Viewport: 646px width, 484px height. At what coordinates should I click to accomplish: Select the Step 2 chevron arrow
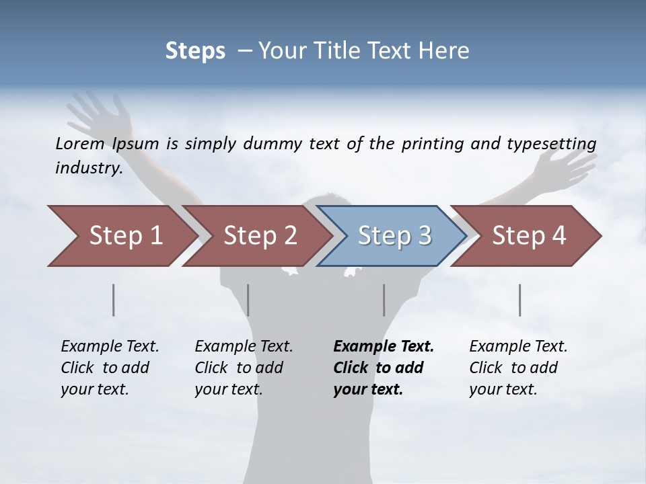259,236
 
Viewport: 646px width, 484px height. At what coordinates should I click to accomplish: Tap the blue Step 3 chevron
394,236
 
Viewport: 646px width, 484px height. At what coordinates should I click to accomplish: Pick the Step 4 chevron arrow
528,236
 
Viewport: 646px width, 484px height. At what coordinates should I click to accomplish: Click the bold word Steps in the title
195,51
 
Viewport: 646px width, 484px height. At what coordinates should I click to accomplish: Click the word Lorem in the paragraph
80,143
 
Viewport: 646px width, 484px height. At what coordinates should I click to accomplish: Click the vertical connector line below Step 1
114,300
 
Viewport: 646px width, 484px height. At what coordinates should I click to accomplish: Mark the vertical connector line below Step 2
248,300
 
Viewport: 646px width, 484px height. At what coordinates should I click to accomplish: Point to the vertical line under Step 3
384,300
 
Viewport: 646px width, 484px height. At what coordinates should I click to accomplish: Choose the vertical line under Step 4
519,300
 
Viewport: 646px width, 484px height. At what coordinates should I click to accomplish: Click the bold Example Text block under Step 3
384,368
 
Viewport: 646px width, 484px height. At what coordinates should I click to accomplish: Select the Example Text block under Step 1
110,368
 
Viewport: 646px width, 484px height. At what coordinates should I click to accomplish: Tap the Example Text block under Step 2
244,368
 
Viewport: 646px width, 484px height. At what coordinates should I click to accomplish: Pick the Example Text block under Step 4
518,368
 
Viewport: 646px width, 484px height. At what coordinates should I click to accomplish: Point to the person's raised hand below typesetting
565,168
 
